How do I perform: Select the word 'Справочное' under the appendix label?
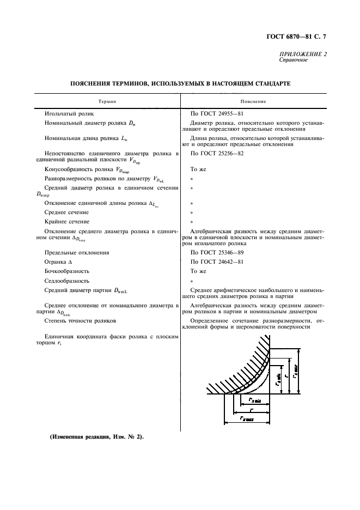293,60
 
